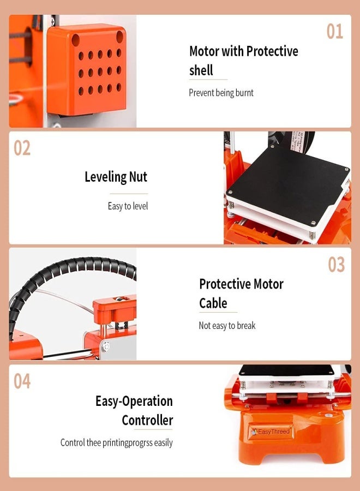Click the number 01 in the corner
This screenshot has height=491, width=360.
335,31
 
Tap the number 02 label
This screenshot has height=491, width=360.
22,148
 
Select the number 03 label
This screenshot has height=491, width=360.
336,265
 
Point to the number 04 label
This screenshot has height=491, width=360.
22,381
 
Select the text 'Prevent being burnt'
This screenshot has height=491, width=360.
221,93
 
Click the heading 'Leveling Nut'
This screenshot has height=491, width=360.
116,177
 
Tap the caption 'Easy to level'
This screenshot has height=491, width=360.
128,206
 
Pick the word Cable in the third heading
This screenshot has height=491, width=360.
213,303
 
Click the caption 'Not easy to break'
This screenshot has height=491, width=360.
227,326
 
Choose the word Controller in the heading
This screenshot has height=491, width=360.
147,420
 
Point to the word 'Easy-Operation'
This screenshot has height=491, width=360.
134,401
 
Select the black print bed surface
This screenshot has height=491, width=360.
286,188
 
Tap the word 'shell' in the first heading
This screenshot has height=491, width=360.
201,70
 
